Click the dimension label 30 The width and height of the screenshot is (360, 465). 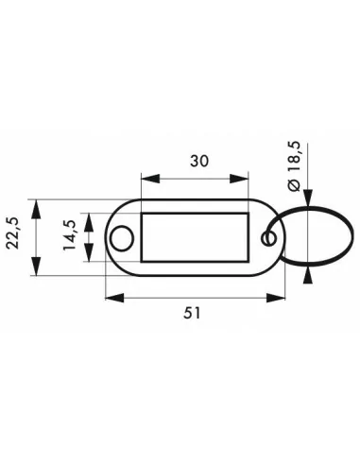click(x=199, y=162)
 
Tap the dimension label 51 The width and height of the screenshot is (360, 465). click(x=192, y=313)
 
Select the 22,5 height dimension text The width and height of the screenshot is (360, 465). click(x=14, y=233)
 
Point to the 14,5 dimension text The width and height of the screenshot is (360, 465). click(x=70, y=235)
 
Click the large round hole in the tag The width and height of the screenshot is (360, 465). click(x=122, y=238)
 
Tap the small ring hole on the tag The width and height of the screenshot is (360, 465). click(x=268, y=238)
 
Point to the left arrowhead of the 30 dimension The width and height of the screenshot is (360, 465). click(x=150, y=179)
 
